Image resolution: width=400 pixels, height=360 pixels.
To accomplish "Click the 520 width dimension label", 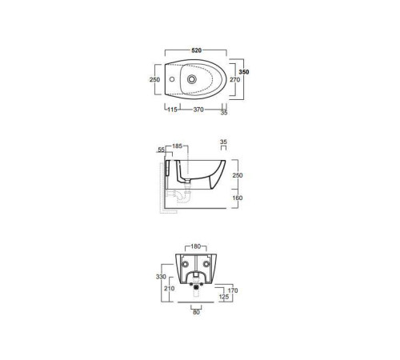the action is coord(196,50).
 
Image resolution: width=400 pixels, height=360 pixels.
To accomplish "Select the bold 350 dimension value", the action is coord(244,72).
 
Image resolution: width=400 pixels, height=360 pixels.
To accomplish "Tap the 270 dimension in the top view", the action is coord(235,79).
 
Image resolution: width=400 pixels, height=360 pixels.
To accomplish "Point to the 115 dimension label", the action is coord(172,110).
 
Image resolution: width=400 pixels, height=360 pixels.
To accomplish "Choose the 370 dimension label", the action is coord(198,110).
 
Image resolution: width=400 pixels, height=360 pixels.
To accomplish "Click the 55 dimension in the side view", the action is coord(161,150).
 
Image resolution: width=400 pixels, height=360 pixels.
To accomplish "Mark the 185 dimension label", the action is coord(177,146).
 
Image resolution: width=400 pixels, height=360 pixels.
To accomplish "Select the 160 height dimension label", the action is coord(238,198).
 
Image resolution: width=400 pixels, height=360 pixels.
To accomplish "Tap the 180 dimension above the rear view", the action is coord(195,246).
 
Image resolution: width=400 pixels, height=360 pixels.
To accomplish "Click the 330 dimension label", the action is coord(161,277).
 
